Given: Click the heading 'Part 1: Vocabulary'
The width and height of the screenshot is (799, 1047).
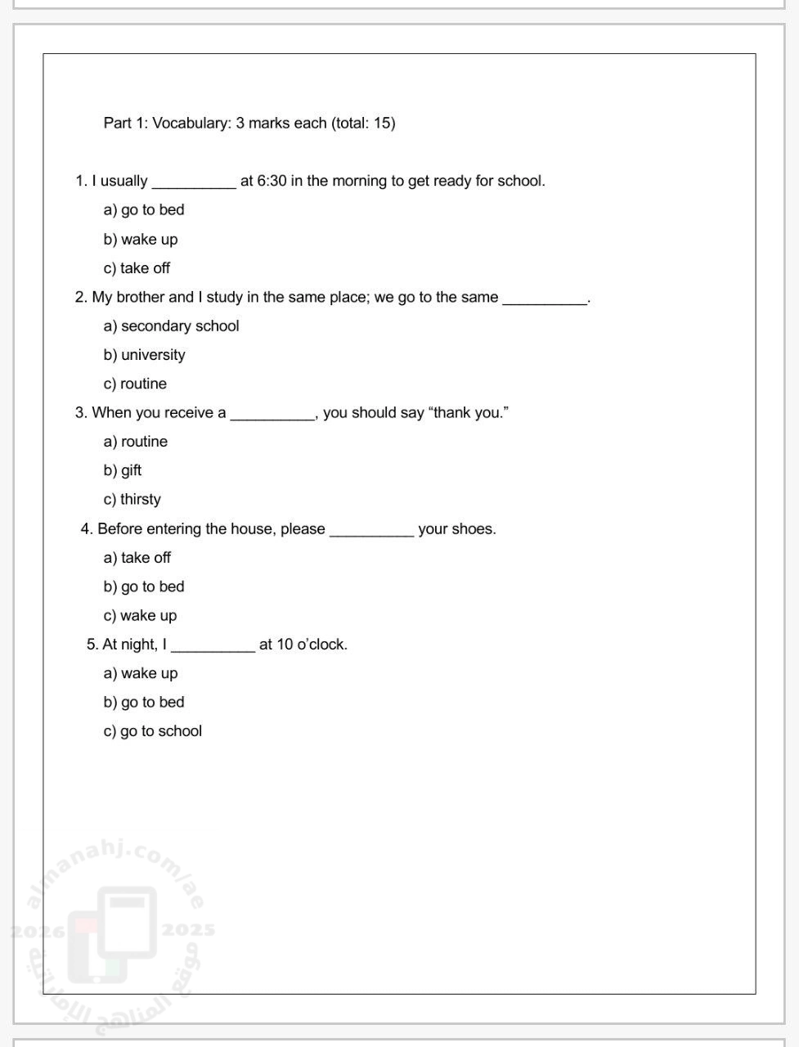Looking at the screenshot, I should (249, 124).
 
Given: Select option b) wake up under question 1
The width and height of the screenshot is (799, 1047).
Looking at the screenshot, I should (140, 240).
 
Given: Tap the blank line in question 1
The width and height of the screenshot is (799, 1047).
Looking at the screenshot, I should (194, 183).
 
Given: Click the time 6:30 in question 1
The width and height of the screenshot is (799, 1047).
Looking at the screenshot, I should (272, 181).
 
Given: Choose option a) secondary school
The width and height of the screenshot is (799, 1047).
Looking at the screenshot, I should (171, 326).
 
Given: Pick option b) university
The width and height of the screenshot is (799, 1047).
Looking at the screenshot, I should (144, 355).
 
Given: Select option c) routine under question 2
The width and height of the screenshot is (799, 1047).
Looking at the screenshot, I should (135, 384).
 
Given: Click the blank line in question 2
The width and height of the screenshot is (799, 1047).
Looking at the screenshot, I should (545, 299).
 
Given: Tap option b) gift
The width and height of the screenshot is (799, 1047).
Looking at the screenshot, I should (123, 470).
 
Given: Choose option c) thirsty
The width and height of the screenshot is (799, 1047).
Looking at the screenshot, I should (132, 500).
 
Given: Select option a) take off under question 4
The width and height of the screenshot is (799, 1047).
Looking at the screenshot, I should (137, 558).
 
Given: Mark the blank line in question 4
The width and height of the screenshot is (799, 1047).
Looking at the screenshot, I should (371, 532).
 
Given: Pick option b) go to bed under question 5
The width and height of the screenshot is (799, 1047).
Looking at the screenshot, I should (144, 703).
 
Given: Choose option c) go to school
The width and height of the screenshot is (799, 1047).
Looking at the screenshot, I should (152, 731).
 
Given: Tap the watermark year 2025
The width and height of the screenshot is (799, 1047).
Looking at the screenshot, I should (188, 930).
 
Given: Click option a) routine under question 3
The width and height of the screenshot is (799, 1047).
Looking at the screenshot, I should (136, 442).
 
